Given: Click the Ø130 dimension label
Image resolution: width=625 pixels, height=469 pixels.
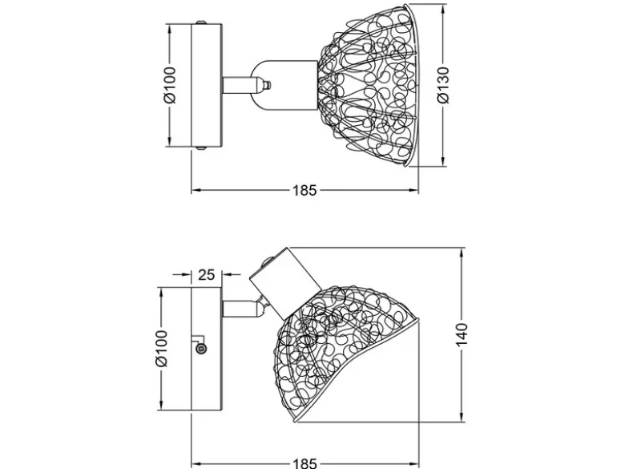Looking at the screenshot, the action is (x=443, y=85).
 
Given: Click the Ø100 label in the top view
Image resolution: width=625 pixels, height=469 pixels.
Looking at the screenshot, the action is (x=169, y=85).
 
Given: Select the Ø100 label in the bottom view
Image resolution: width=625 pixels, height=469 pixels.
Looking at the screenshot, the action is (x=161, y=348).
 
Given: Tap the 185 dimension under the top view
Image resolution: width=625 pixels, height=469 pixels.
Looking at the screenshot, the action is (x=305, y=191).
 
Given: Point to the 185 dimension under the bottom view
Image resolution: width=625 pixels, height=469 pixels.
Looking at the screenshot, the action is (x=305, y=463).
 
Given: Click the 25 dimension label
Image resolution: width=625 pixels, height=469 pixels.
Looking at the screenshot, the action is (x=207, y=275).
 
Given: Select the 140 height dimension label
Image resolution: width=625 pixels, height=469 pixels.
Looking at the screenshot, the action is (x=462, y=334).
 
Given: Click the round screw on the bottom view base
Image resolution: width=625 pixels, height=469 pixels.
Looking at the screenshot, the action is (x=202, y=349).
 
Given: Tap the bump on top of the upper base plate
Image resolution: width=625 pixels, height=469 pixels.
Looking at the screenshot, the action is (x=201, y=22).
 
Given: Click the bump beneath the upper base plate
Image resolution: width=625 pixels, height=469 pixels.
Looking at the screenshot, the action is (x=201, y=149).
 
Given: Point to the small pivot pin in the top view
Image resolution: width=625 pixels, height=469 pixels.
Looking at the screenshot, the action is (x=268, y=85).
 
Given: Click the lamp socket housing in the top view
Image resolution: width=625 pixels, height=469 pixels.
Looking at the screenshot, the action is (x=284, y=85).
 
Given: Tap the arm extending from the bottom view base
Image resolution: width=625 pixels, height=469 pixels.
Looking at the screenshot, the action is (x=240, y=309).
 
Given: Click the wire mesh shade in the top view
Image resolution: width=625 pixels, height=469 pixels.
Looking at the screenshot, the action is (x=368, y=85).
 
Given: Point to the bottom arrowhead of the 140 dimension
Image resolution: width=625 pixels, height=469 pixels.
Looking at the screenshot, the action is (x=462, y=416).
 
